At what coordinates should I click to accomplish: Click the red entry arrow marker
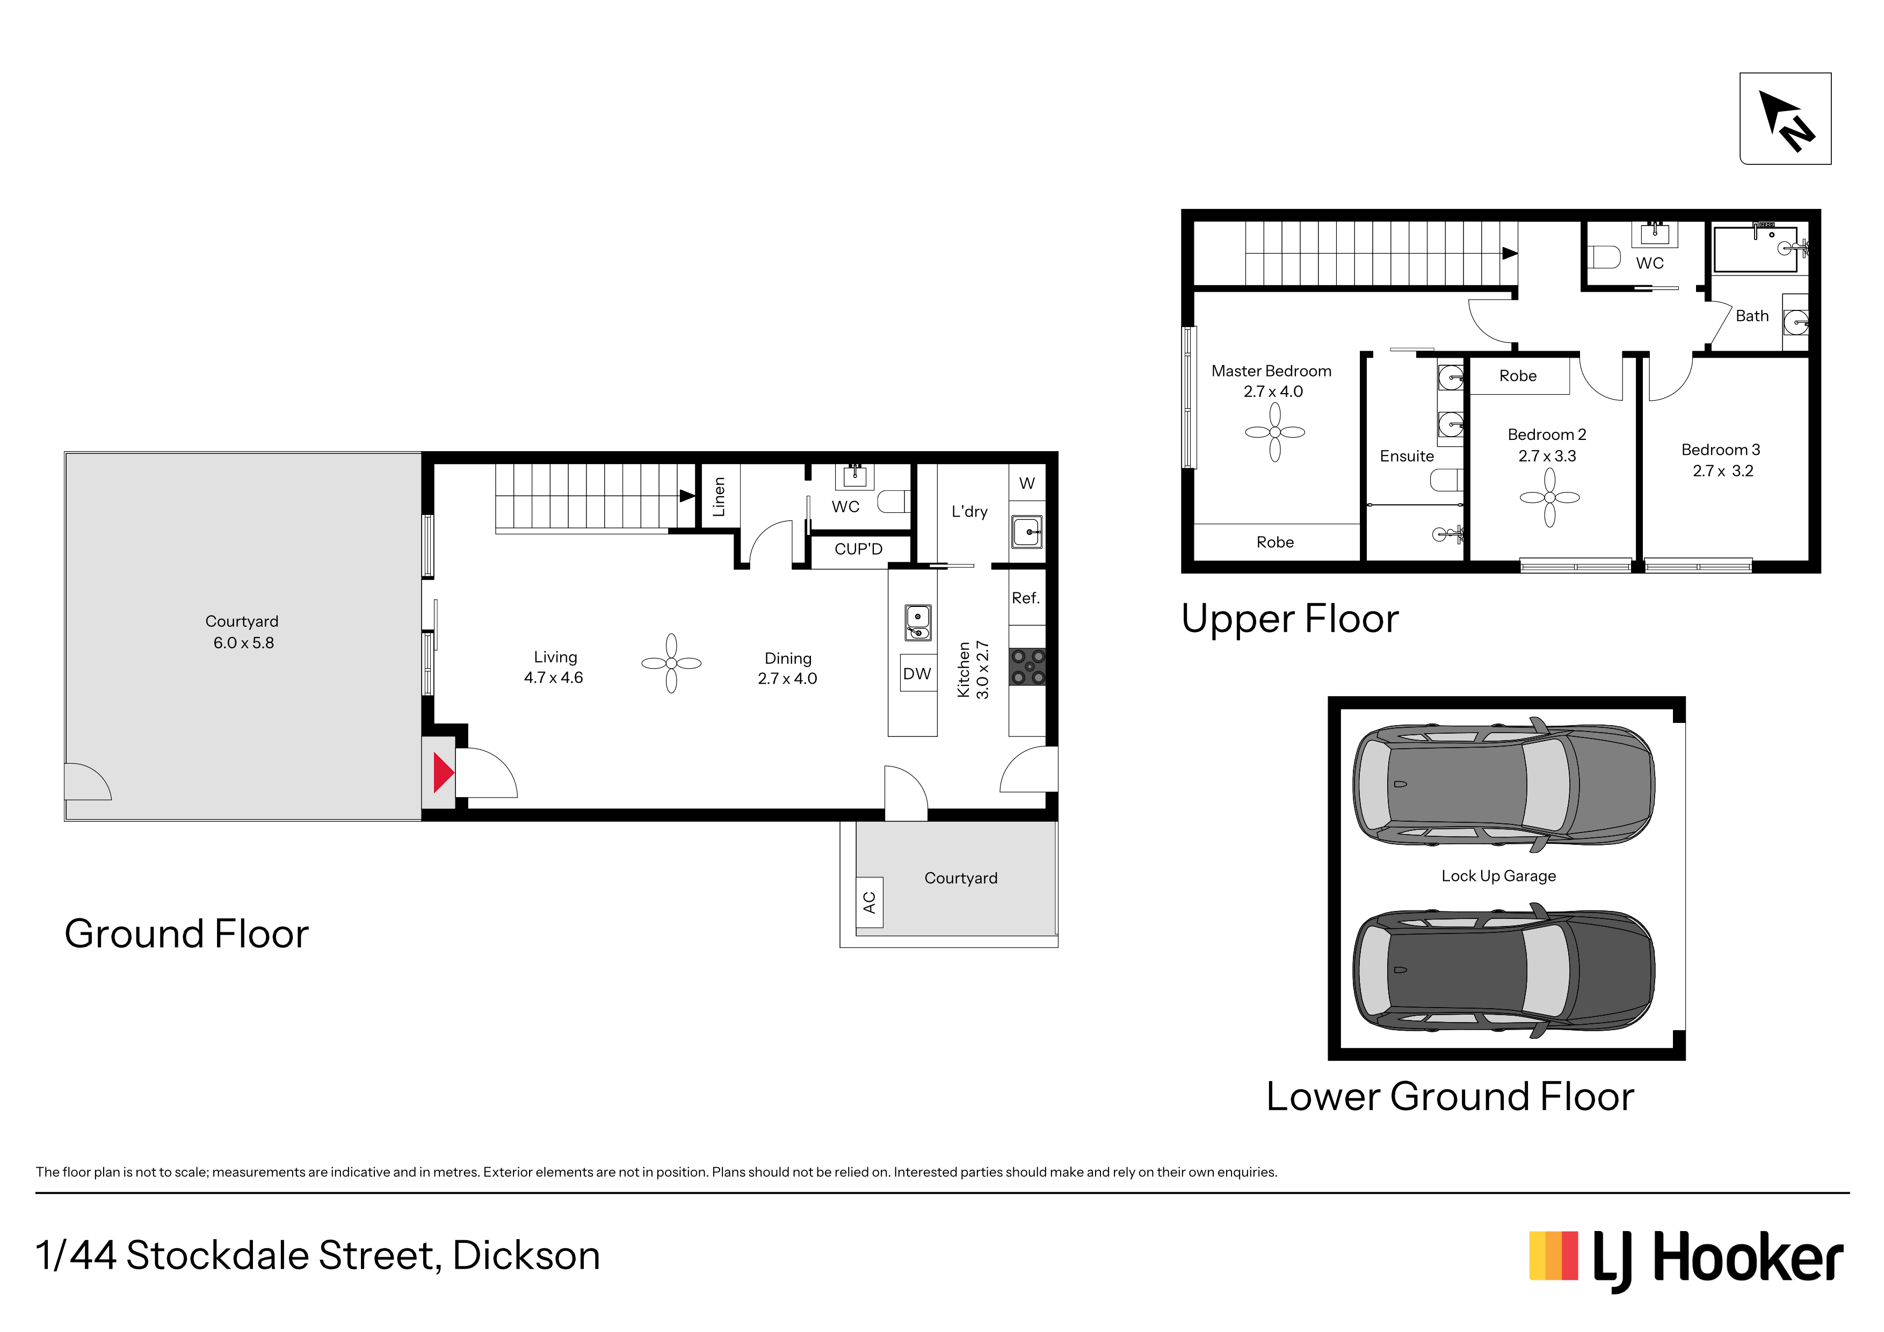click(443, 772)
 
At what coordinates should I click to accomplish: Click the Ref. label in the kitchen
click(1026, 597)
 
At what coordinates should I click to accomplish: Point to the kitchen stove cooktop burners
click(1027, 667)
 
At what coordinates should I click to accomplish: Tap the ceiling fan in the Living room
click(671, 663)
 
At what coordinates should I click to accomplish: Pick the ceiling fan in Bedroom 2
click(1549, 497)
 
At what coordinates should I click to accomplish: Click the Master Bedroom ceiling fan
click(1275, 432)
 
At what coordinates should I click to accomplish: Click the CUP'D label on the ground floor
click(858, 549)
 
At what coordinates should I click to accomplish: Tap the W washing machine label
click(1026, 483)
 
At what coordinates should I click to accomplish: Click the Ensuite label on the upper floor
click(1407, 457)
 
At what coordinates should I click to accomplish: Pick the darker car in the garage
click(1503, 971)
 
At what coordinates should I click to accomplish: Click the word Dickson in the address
click(526, 1256)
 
